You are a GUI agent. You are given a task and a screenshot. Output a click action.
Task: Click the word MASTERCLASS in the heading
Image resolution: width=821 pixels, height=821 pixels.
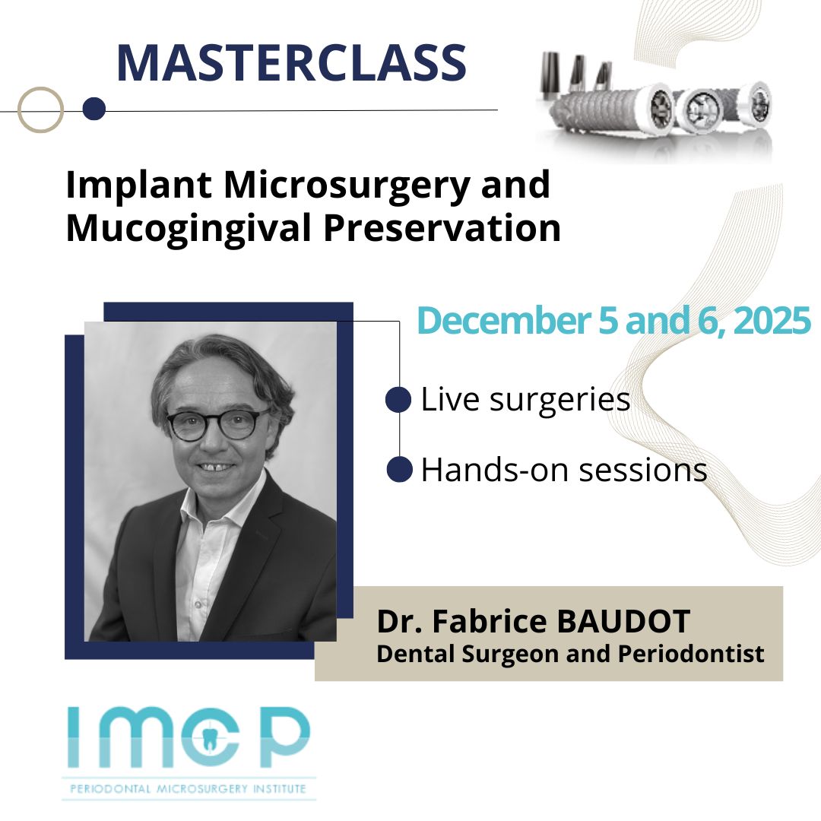(291, 63)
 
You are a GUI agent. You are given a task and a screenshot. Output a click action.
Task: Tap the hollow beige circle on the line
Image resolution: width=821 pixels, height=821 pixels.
(40, 90)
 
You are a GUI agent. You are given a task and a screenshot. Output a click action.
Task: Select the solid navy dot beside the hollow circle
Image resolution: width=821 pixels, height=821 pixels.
(94, 109)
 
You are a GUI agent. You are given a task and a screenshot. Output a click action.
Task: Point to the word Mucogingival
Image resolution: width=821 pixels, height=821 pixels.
(189, 230)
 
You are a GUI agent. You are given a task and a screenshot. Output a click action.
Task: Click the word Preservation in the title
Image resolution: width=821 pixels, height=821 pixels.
(442, 228)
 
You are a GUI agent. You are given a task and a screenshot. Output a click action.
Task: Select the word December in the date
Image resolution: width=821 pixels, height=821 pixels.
(504, 321)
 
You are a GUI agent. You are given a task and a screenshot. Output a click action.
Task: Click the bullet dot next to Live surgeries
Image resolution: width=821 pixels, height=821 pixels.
(398, 400)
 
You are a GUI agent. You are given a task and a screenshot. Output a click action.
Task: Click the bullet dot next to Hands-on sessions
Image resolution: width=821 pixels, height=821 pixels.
(400, 468)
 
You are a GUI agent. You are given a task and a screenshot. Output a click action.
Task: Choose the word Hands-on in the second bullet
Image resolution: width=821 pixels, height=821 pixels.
(495, 469)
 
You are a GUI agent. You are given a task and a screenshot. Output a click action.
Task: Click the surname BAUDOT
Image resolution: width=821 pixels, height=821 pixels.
(623, 622)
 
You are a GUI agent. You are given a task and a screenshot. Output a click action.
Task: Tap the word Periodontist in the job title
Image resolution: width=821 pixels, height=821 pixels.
(691, 654)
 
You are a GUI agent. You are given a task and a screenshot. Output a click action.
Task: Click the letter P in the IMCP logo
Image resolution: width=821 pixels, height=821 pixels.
(284, 737)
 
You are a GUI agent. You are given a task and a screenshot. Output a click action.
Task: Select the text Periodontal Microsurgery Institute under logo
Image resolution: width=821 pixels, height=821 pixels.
(188, 788)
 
